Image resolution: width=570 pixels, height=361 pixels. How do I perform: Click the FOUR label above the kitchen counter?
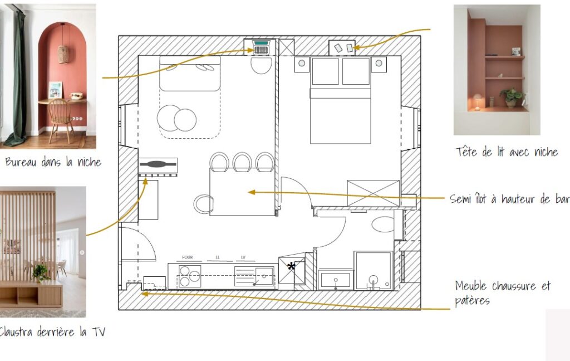[x=187, y=257]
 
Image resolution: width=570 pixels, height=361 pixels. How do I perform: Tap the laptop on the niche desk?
[x=262, y=47]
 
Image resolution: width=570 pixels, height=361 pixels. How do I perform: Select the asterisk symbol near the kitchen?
[x=291, y=267]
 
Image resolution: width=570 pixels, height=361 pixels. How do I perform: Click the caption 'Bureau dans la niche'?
[x=53, y=162]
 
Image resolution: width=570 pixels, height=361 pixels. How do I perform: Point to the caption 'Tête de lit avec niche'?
[x=507, y=152]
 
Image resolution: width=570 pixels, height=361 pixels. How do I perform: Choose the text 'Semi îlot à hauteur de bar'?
[x=509, y=199]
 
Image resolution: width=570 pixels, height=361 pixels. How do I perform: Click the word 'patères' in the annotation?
[x=472, y=301]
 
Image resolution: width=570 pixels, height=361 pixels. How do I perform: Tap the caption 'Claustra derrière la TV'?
[x=52, y=332]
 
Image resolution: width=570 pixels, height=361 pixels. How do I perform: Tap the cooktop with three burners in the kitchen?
[x=190, y=276]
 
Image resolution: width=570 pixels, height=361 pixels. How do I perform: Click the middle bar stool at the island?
[x=242, y=162]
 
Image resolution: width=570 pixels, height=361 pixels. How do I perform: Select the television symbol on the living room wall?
[x=158, y=164]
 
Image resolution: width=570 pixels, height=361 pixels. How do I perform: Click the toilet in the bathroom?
[x=383, y=224]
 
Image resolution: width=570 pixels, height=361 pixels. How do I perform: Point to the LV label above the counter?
[x=243, y=257]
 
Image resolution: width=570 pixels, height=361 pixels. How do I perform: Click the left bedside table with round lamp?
[x=302, y=64]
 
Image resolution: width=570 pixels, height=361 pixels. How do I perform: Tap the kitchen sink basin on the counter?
[x=264, y=276]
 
